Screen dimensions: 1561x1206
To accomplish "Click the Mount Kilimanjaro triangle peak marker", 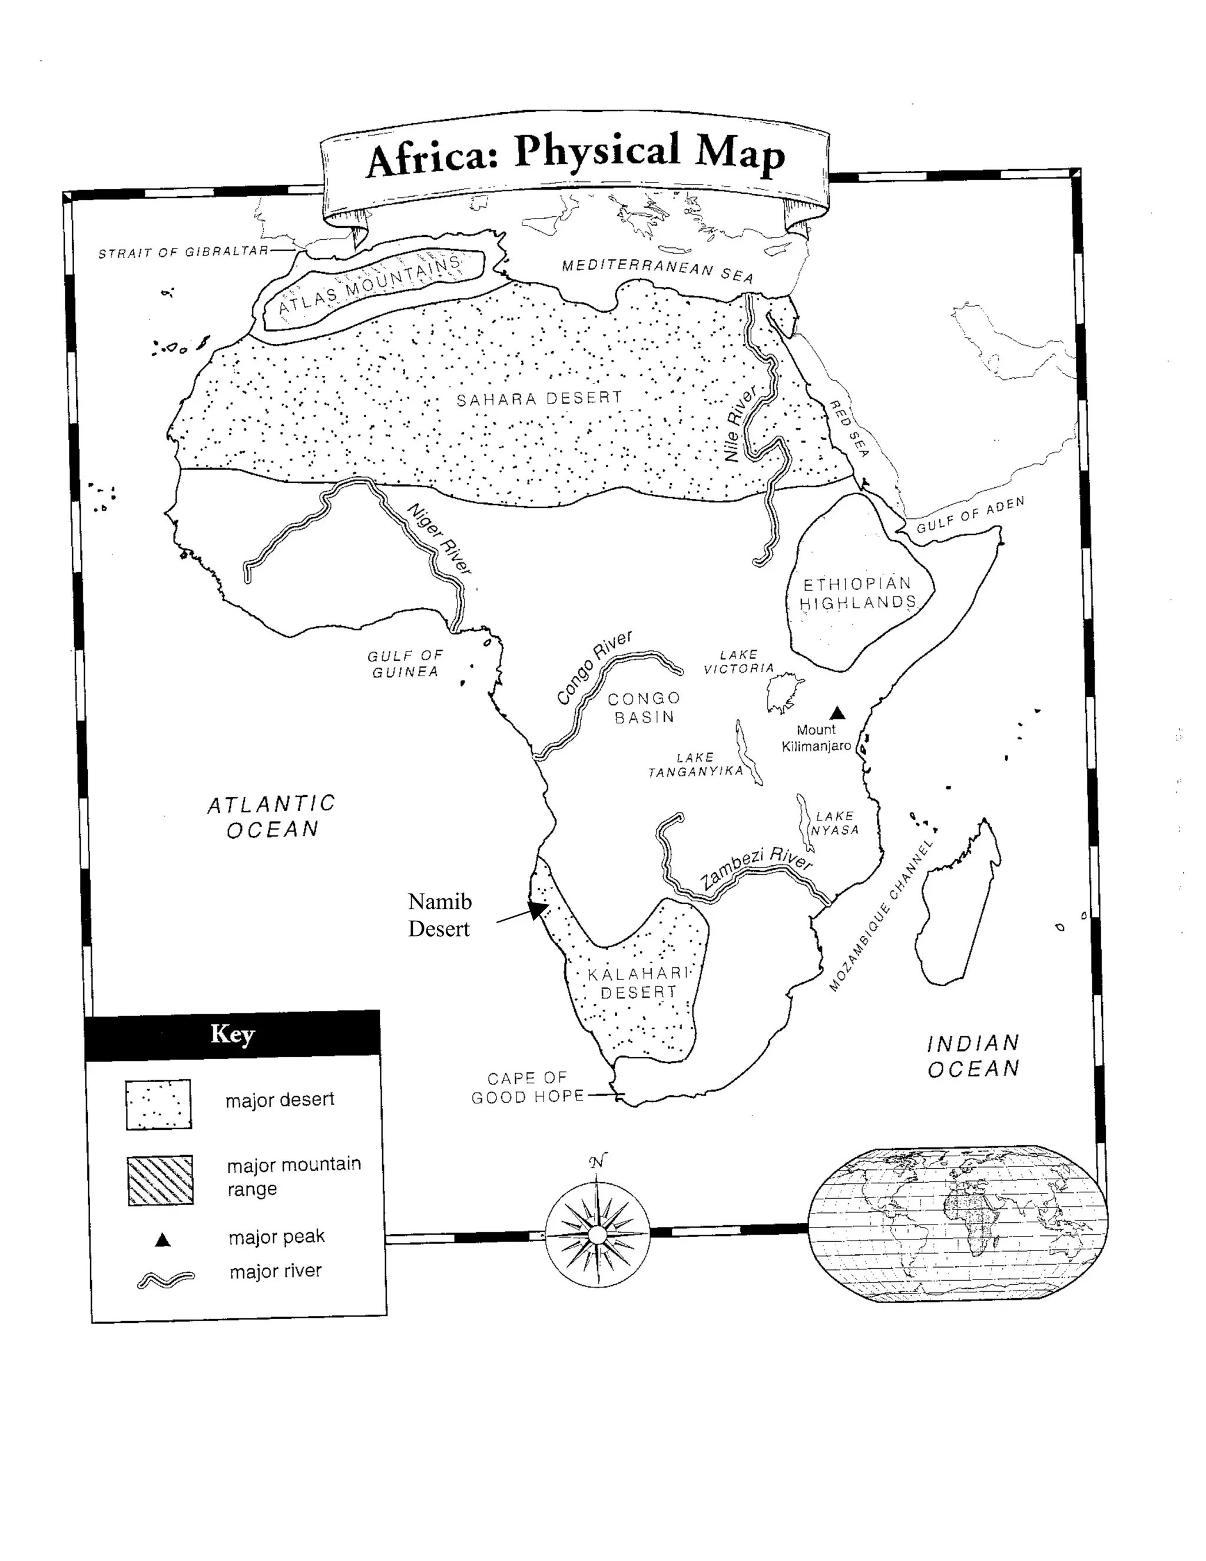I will pyautogui.click(x=837, y=713).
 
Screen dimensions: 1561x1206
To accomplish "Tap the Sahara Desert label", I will pyautogui.click(x=539, y=399).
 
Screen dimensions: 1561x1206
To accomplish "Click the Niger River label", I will pyautogui.click(x=439, y=539).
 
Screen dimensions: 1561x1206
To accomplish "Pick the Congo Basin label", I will pyautogui.click(x=644, y=707).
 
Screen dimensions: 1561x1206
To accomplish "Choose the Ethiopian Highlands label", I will pyautogui.click(x=857, y=593).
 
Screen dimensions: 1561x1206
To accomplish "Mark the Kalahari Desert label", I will pyautogui.click(x=638, y=983).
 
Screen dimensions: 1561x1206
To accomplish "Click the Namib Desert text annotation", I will pyautogui.click(x=439, y=915).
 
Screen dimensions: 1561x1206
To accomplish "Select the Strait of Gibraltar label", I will pyautogui.click(x=183, y=252).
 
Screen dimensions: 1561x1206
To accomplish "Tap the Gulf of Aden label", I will pyautogui.click(x=970, y=515).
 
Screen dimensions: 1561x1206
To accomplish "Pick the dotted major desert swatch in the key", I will pyautogui.click(x=158, y=1104).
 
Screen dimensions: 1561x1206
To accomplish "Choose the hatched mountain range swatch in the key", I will pyautogui.click(x=160, y=1180).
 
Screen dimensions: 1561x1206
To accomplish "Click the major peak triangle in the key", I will pyautogui.click(x=163, y=1240).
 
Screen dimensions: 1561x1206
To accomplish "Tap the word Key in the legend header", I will pyautogui.click(x=232, y=1034).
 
